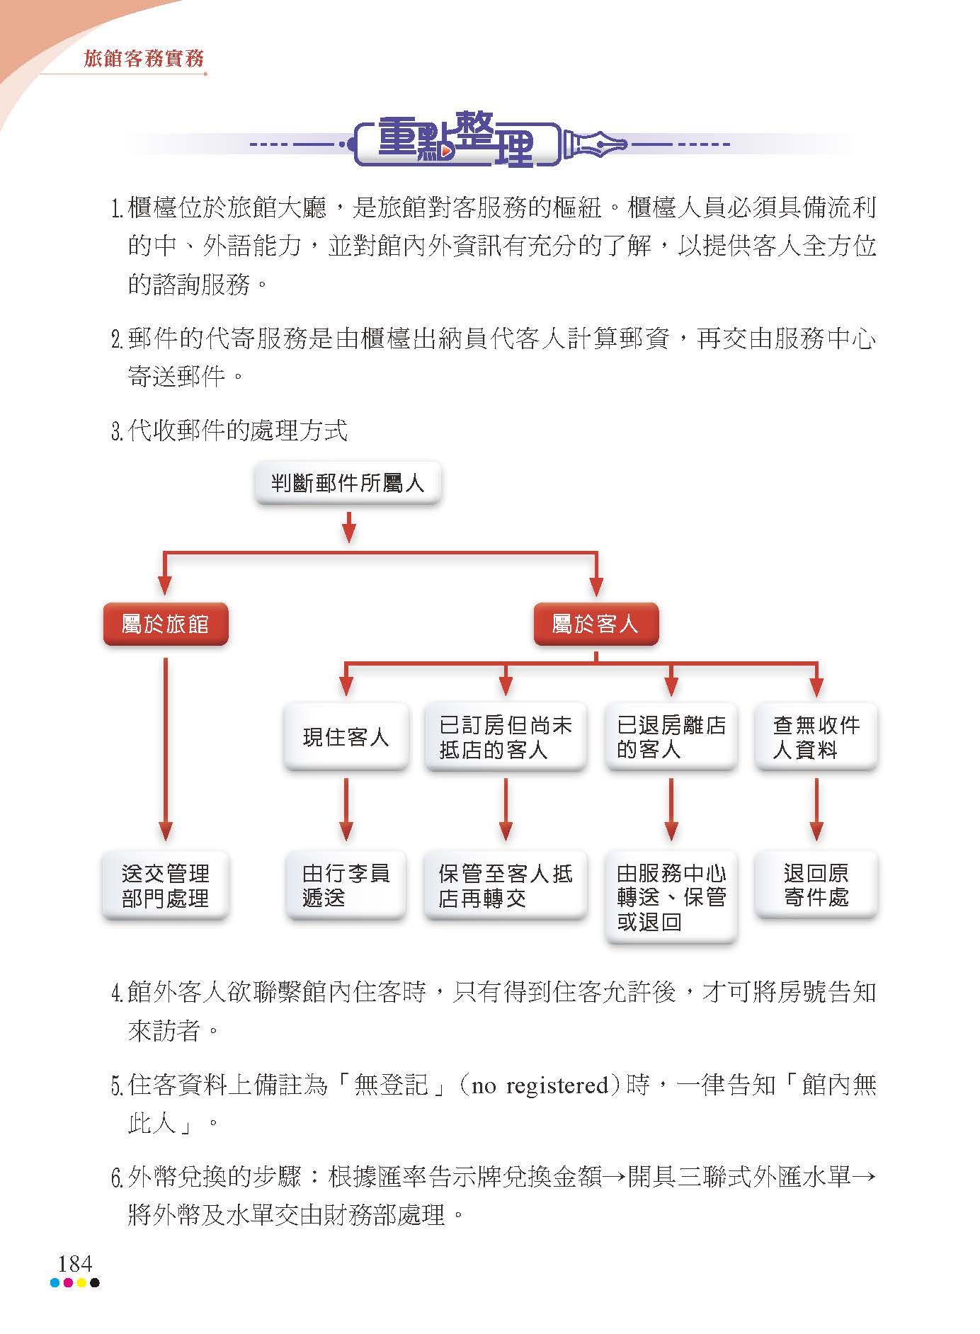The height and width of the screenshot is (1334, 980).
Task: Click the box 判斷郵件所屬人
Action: pos(348,483)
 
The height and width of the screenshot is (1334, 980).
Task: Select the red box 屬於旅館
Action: pos(166,624)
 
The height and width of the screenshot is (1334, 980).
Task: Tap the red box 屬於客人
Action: pos(596,624)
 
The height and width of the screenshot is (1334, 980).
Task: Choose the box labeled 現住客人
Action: pos(346,736)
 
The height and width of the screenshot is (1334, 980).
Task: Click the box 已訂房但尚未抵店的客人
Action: pos(506,736)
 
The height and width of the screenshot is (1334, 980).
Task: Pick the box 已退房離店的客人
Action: pos(671,736)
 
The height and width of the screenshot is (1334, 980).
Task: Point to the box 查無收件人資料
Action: pos(816,736)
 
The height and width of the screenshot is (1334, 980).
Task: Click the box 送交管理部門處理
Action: pos(166,885)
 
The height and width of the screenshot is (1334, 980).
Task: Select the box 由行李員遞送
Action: pos(346,885)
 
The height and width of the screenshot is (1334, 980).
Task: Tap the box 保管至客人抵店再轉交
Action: pos(506,885)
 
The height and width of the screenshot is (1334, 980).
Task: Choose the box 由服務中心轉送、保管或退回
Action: pos(671,897)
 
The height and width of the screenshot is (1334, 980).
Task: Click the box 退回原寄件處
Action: pos(816,885)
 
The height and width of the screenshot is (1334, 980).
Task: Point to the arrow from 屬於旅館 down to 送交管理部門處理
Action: pos(166,749)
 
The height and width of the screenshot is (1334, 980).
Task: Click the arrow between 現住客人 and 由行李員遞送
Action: pos(346,809)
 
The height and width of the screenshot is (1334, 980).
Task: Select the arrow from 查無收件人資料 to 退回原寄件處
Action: pos(816,809)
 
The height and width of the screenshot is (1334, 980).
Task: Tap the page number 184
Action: pos(75,1263)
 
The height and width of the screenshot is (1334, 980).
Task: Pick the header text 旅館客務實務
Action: pos(144,58)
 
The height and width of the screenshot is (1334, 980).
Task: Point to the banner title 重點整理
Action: pos(456,139)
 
